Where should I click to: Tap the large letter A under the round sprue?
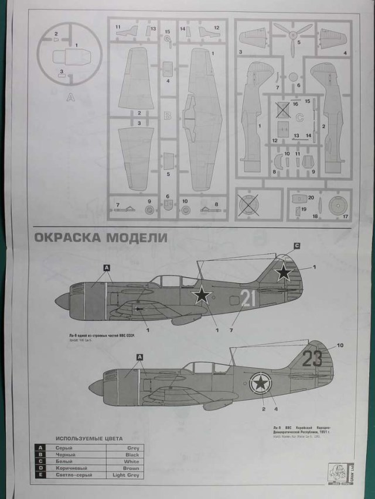pyautogui.click(x=71, y=98)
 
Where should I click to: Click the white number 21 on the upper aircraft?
pyautogui.click(x=248, y=298)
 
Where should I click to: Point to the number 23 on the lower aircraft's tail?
pyautogui.click(x=312, y=357)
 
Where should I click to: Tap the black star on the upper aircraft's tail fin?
pyautogui.click(x=284, y=272)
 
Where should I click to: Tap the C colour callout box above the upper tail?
pyautogui.click(x=296, y=246)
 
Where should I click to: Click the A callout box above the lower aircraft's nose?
pyautogui.click(x=139, y=356)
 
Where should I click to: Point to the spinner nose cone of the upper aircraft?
pyautogui.click(x=62, y=301)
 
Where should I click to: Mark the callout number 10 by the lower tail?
pyautogui.click(x=340, y=345)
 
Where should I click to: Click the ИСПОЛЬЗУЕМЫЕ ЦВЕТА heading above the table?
pyautogui.click(x=93, y=437)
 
